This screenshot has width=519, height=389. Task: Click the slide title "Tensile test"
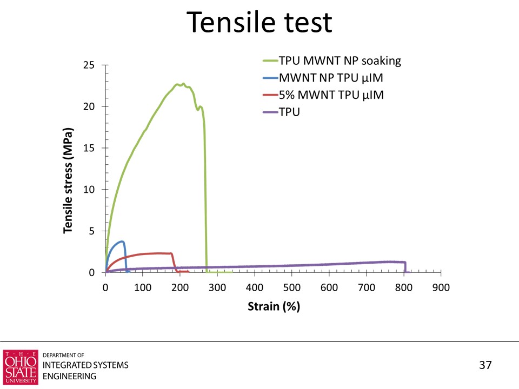coord(259,23)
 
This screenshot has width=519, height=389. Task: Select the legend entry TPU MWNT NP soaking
coord(340,61)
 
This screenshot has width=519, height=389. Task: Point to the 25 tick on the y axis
coord(89,65)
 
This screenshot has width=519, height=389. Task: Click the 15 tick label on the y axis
coord(89,148)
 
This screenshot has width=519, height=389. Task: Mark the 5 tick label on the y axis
coord(91,231)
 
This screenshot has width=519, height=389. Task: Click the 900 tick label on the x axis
coord(441,288)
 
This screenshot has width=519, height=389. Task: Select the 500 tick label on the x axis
coord(292,288)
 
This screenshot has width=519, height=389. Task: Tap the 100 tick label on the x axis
coord(143,288)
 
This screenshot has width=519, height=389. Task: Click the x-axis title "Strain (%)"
coord(274,307)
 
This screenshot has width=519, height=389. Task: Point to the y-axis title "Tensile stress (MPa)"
coord(68,181)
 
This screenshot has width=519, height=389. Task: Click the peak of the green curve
coord(183,84)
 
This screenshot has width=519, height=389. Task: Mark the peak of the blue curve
coord(122,242)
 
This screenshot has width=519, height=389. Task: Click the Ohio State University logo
coord(21,367)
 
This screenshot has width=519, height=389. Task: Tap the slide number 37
coord(485,365)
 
